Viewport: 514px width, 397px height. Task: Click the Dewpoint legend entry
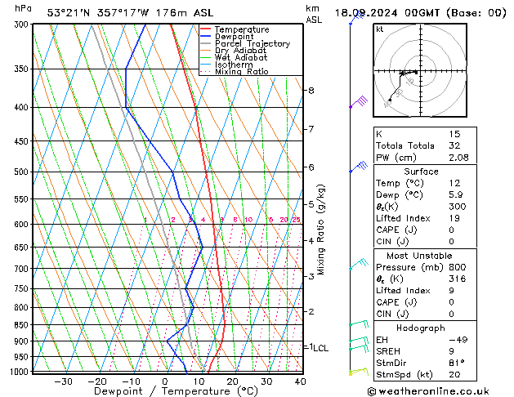230,37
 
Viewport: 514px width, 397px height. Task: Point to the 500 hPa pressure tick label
20,172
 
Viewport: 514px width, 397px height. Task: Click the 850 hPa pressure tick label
20,325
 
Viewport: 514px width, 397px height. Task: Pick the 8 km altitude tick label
311,90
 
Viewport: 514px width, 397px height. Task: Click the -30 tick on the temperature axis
63,381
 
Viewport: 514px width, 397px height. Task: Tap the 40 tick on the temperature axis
300,381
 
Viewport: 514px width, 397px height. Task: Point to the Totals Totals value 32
477,145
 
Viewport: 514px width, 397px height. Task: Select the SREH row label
389,351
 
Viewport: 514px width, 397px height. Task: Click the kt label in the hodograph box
379,29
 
